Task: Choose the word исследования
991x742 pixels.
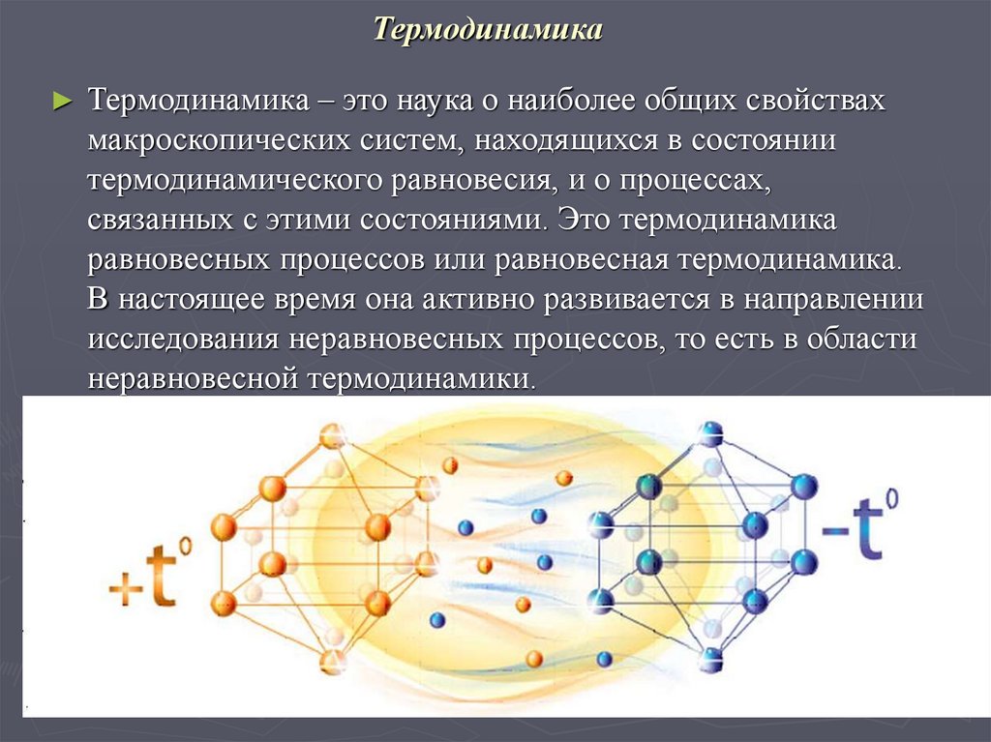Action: point(175,340)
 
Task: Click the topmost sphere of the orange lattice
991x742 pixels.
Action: point(333,435)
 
